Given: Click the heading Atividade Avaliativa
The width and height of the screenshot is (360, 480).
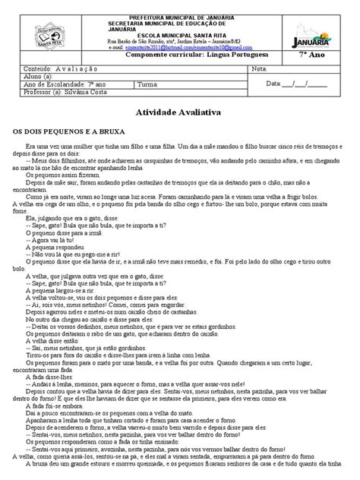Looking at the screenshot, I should coord(180,111).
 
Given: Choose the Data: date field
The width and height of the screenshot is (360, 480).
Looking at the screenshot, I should coord(304,85).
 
